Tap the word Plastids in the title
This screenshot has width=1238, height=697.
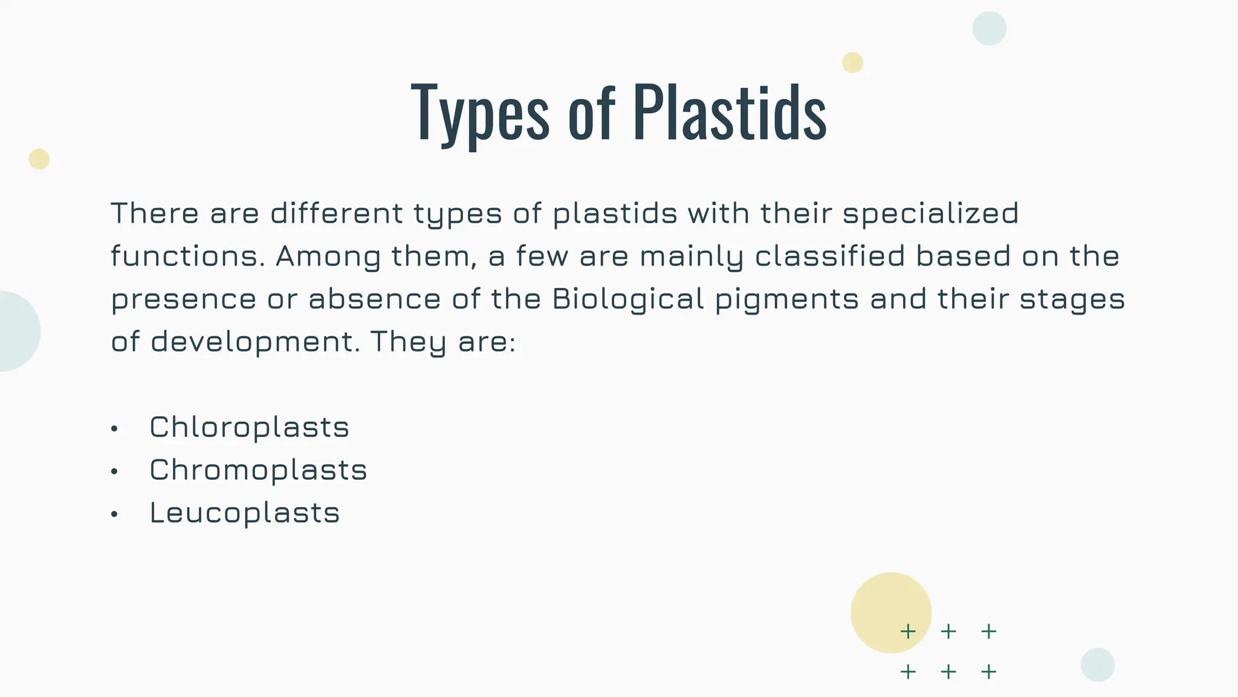[730, 113]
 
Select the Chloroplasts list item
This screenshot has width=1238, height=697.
[249, 427]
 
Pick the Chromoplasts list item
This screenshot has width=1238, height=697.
[258, 470]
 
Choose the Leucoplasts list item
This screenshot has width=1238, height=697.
[244, 513]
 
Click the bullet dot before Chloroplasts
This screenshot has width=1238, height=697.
[114, 429]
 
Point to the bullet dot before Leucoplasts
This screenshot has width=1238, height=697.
[114, 514]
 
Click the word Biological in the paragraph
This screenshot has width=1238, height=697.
[628, 299]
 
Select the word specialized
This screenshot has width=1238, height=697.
[930, 214]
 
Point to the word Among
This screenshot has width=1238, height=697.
[328, 257]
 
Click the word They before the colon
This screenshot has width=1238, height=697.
[408, 342]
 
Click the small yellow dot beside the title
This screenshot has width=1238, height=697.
[852, 63]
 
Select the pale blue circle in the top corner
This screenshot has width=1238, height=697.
[989, 28]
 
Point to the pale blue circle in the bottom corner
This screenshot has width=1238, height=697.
[1097, 664]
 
